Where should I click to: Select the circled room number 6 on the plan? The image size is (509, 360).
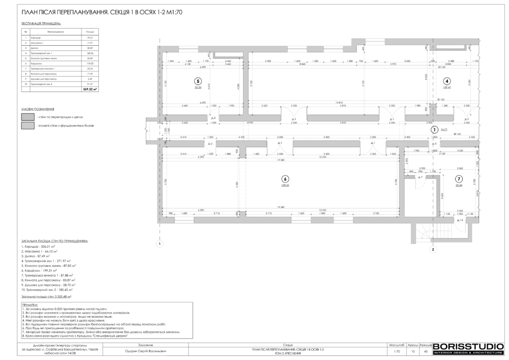(x=285, y=179)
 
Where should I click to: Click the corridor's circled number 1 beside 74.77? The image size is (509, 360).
(x=433, y=129)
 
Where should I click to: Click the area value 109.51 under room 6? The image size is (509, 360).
(x=285, y=185)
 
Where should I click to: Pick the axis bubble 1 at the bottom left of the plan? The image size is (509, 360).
(x=160, y=244)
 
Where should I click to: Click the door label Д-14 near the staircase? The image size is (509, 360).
(x=461, y=220)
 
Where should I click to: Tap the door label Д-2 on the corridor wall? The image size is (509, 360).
(x=210, y=144)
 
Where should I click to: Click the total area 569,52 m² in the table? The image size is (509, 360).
(x=90, y=90)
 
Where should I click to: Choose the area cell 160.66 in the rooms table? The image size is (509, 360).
(x=90, y=53)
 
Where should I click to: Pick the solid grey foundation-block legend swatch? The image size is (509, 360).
(x=27, y=126)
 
